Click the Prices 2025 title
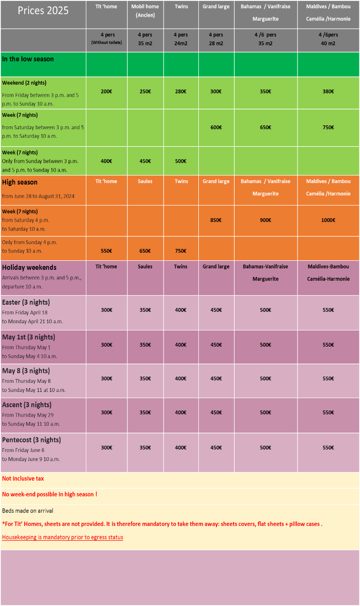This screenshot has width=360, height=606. coord(43,10)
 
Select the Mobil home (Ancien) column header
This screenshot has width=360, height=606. coord(145,10)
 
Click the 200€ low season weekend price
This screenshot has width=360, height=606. coord(107,91)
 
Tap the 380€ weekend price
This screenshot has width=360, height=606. coord(328,91)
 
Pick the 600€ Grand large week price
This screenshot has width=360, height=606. coord(216,127)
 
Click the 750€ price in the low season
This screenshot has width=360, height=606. coord(328,127)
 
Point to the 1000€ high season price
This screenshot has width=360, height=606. coord(328,220)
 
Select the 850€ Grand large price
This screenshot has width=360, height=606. coord(216,220)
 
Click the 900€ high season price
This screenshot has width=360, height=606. coord(266,220)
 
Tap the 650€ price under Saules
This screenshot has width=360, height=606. coord(145,251)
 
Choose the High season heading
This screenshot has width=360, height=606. coord(20,182)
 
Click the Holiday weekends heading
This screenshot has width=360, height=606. coord(29,267)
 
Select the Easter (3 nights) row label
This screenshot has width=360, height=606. coord(26,302)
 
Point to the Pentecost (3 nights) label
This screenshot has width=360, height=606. coord(31,440)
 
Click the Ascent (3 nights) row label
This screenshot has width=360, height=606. coord(27,405)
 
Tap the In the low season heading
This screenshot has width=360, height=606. coord(28,59)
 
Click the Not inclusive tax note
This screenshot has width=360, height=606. coord(23,478)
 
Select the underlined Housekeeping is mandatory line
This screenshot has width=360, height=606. coord(62,537)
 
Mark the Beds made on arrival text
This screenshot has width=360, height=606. coord(28,511)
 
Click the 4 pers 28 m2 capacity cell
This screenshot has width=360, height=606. coord(216,39)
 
